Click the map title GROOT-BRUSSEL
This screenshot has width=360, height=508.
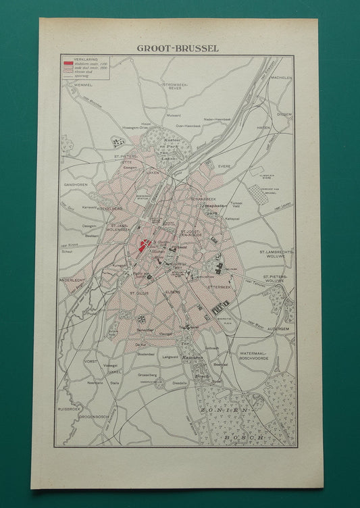tap(177, 48)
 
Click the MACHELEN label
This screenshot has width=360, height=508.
tap(280, 78)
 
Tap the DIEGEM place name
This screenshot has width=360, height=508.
tap(284, 114)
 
